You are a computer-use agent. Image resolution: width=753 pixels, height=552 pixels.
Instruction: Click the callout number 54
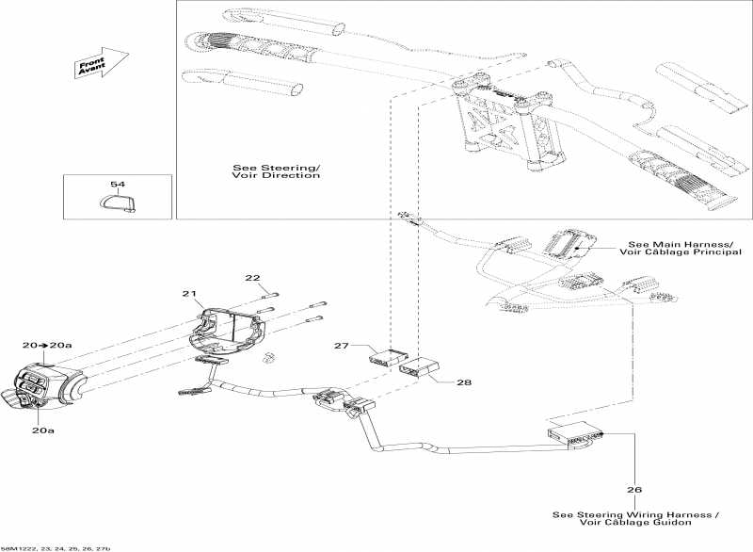[x=118, y=185]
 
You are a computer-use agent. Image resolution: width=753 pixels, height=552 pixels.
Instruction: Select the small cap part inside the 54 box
[x=116, y=203]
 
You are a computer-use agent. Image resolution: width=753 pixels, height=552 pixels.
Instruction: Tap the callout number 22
[x=252, y=278]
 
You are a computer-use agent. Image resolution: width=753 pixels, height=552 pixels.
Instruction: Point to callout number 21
[x=188, y=295]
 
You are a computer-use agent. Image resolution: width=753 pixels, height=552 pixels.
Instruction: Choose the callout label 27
[x=343, y=347]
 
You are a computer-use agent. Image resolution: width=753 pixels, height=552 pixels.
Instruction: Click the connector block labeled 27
[x=385, y=357]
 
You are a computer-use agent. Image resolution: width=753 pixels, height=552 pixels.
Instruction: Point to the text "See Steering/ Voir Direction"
[x=276, y=172]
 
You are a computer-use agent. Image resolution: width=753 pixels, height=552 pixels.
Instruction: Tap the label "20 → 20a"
[x=46, y=346]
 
